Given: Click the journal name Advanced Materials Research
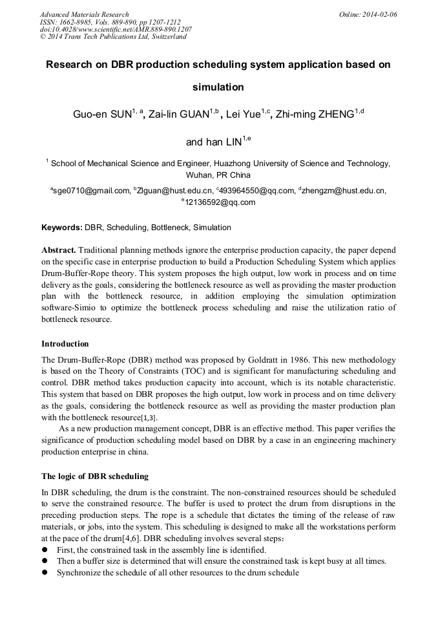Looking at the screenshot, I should pos(84,14).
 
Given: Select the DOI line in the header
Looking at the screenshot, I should pos(116,30).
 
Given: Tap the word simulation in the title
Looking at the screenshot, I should pos(218,87).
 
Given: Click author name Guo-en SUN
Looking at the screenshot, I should pos(102,115).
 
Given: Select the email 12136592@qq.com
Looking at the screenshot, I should pos(220,202).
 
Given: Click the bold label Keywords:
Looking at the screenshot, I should pos(62,228).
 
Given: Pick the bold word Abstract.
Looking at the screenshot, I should pos(59,250).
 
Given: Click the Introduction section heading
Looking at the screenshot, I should pos(65,344).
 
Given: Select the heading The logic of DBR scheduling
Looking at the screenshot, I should pos(95,476).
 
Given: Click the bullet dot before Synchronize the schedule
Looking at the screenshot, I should pos(45,573).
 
